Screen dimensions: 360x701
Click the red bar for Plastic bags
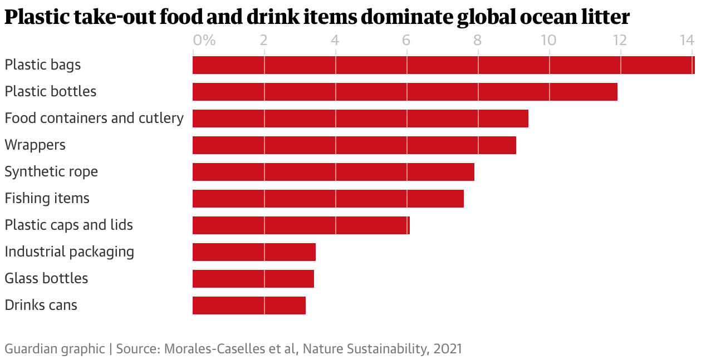443,65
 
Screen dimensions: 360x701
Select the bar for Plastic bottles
405,92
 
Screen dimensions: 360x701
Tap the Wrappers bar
354,145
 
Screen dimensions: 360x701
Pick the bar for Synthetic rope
333,172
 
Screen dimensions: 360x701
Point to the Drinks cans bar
249,305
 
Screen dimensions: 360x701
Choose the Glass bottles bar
253,279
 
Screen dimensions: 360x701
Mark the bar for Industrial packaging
254,252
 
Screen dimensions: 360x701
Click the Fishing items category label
47,198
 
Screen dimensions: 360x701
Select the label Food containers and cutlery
94,118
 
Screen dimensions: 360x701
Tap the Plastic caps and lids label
68,225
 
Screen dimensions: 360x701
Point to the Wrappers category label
35,145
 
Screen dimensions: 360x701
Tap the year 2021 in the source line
448,349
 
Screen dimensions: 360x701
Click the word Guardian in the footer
27,349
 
